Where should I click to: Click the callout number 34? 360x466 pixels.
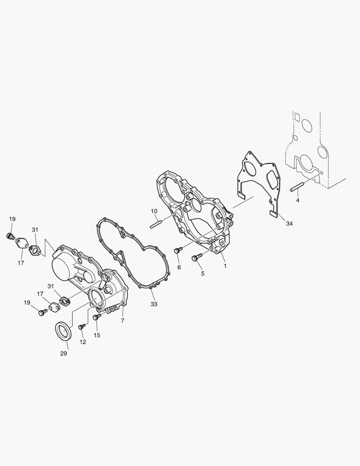289,223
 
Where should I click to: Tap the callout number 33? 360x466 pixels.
154,304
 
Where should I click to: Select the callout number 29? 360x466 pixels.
63,353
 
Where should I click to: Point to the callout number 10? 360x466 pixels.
154,211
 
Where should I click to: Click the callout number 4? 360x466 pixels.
297,200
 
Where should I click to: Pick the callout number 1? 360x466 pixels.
225,266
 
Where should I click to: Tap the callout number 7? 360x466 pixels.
122,321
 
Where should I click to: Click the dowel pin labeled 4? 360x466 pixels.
296,188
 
